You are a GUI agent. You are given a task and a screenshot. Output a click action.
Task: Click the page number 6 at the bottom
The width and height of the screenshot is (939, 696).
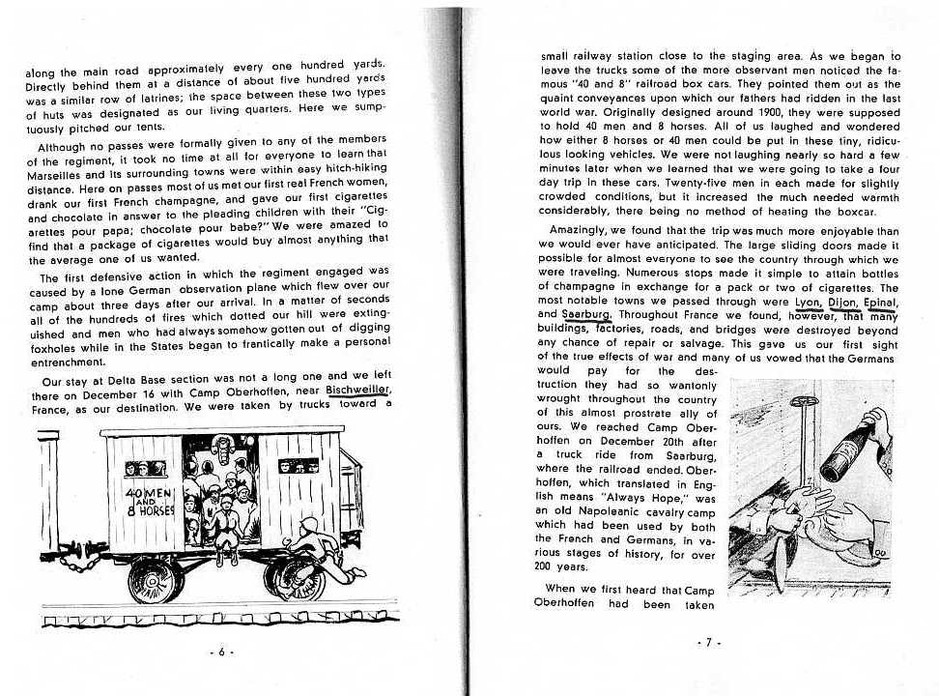point(221,652)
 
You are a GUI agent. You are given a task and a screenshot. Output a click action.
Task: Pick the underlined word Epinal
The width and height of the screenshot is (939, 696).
point(882,301)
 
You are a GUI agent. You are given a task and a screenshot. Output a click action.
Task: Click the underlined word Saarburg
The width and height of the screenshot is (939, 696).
point(586,314)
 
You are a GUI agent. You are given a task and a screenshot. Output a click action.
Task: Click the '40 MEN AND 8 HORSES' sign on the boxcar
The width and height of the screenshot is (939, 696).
point(147,504)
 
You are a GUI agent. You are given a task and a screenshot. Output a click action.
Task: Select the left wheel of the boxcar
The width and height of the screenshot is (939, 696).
point(151,579)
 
